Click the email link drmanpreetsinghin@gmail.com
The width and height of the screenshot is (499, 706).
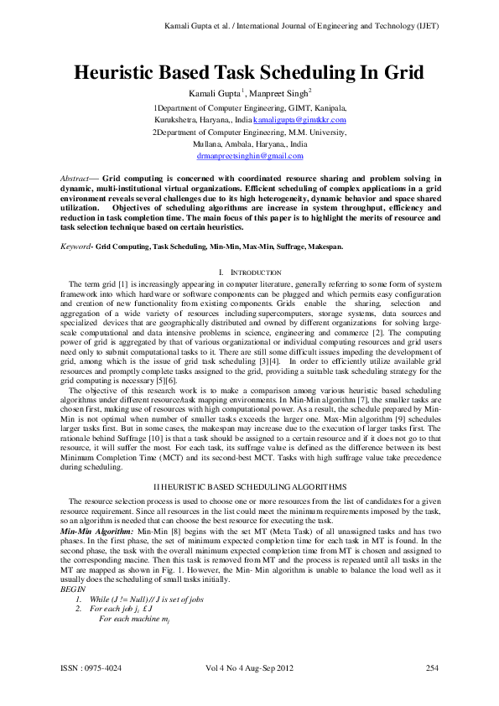(249, 155)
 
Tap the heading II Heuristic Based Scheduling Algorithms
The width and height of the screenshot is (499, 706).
(249, 485)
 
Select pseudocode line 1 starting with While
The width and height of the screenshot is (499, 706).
(147, 599)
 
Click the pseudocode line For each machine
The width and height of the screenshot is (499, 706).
(128, 619)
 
